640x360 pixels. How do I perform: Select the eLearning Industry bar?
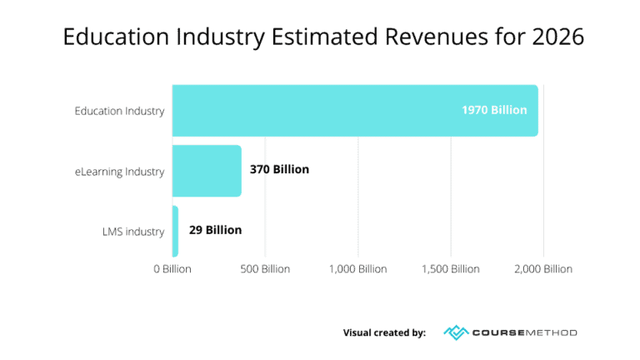click(x=207, y=171)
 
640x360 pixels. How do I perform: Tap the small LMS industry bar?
click(x=175, y=231)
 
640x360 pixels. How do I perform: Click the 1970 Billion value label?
click(x=494, y=110)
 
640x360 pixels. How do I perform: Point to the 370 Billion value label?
click(x=279, y=169)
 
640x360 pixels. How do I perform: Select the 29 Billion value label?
click(x=215, y=230)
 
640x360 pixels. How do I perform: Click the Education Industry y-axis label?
click(x=119, y=111)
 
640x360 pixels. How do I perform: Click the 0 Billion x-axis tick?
click(x=172, y=269)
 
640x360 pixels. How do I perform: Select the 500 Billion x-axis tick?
click(x=265, y=269)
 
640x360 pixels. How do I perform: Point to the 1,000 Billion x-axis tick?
click(x=357, y=269)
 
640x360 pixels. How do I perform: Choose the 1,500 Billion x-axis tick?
click(x=450, y=269)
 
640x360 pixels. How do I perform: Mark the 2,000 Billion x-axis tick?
click(x=542, y=269)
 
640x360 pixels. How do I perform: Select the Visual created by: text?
click(x=384, y=332)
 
